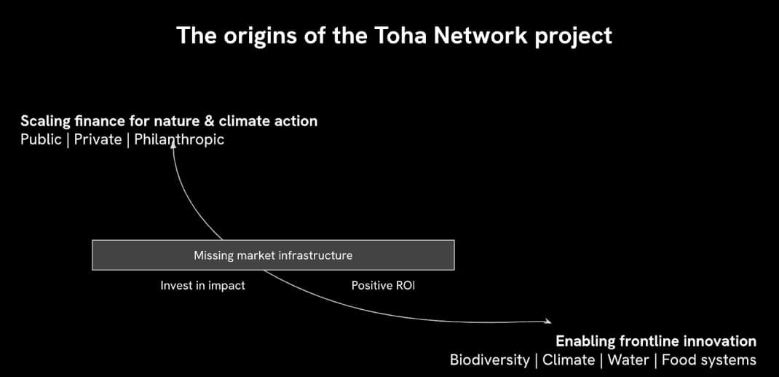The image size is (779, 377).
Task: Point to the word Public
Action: (x=41, y=139)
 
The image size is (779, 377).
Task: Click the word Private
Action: (x=98, y=139)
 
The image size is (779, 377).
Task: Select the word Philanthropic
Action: (x=179, y=139)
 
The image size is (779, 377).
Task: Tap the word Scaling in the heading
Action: (x=45, y=121)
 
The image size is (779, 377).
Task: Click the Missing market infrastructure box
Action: (x=273, y=255)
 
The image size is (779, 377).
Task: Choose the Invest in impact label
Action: (x=202, y=286)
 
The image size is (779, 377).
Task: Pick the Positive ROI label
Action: (x=383, y=286)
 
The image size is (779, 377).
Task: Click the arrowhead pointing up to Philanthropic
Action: (x=173, y=145)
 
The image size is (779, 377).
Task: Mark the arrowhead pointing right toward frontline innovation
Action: (x=547, y=321)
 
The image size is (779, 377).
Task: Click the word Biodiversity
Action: (x=489, y=359)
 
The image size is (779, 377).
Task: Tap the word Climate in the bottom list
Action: (x=569, y=359)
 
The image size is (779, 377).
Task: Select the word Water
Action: (x=628, y=359)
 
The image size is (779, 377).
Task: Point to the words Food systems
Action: (x=708, y=359)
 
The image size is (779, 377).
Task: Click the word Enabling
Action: (x=585, y=341)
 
